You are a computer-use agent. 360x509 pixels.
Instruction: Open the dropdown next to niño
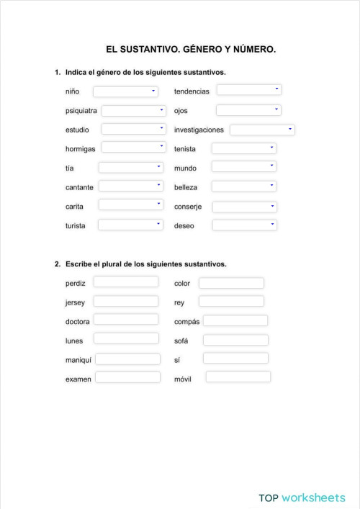(125, 91)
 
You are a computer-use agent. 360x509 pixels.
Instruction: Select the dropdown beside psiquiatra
(133, 110)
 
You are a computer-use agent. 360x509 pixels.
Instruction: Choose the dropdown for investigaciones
(262, 130)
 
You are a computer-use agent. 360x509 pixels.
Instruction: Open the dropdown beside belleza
(244, 186)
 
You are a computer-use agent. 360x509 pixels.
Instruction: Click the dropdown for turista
(130, 225)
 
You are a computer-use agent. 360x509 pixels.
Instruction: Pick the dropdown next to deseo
(244, 225)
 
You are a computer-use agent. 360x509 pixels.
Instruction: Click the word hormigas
(80, 149)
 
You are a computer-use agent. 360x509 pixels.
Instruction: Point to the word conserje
(188, 207)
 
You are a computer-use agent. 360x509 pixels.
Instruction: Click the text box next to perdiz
(126, 281)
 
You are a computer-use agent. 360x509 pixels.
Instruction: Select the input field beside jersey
(126, 301)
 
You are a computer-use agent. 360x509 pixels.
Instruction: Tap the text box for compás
(235, 320)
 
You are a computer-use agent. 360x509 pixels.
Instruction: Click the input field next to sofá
(235, 340)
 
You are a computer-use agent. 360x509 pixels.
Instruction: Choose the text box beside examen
(128, 377)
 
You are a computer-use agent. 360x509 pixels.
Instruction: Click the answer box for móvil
(238, 377)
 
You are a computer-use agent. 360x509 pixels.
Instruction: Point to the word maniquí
(78, 359)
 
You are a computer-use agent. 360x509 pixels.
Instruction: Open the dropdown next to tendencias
(248, 90)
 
